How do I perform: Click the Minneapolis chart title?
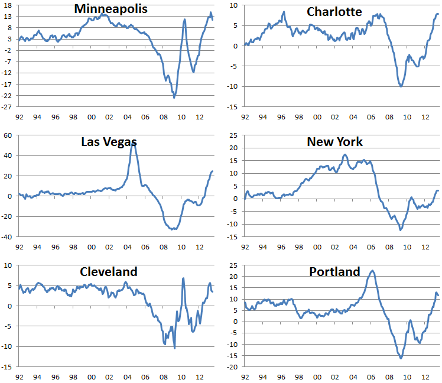110,9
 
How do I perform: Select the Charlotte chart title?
334,12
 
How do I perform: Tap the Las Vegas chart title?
109,142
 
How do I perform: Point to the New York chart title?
334,142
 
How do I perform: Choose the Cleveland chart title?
109,272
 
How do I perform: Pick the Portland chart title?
334,272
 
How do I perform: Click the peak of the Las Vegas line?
133,144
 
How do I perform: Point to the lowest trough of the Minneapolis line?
174,98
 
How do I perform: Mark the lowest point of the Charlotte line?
401,86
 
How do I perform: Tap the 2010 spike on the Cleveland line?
184,278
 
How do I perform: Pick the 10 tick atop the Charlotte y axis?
233,5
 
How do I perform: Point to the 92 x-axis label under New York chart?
245,247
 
